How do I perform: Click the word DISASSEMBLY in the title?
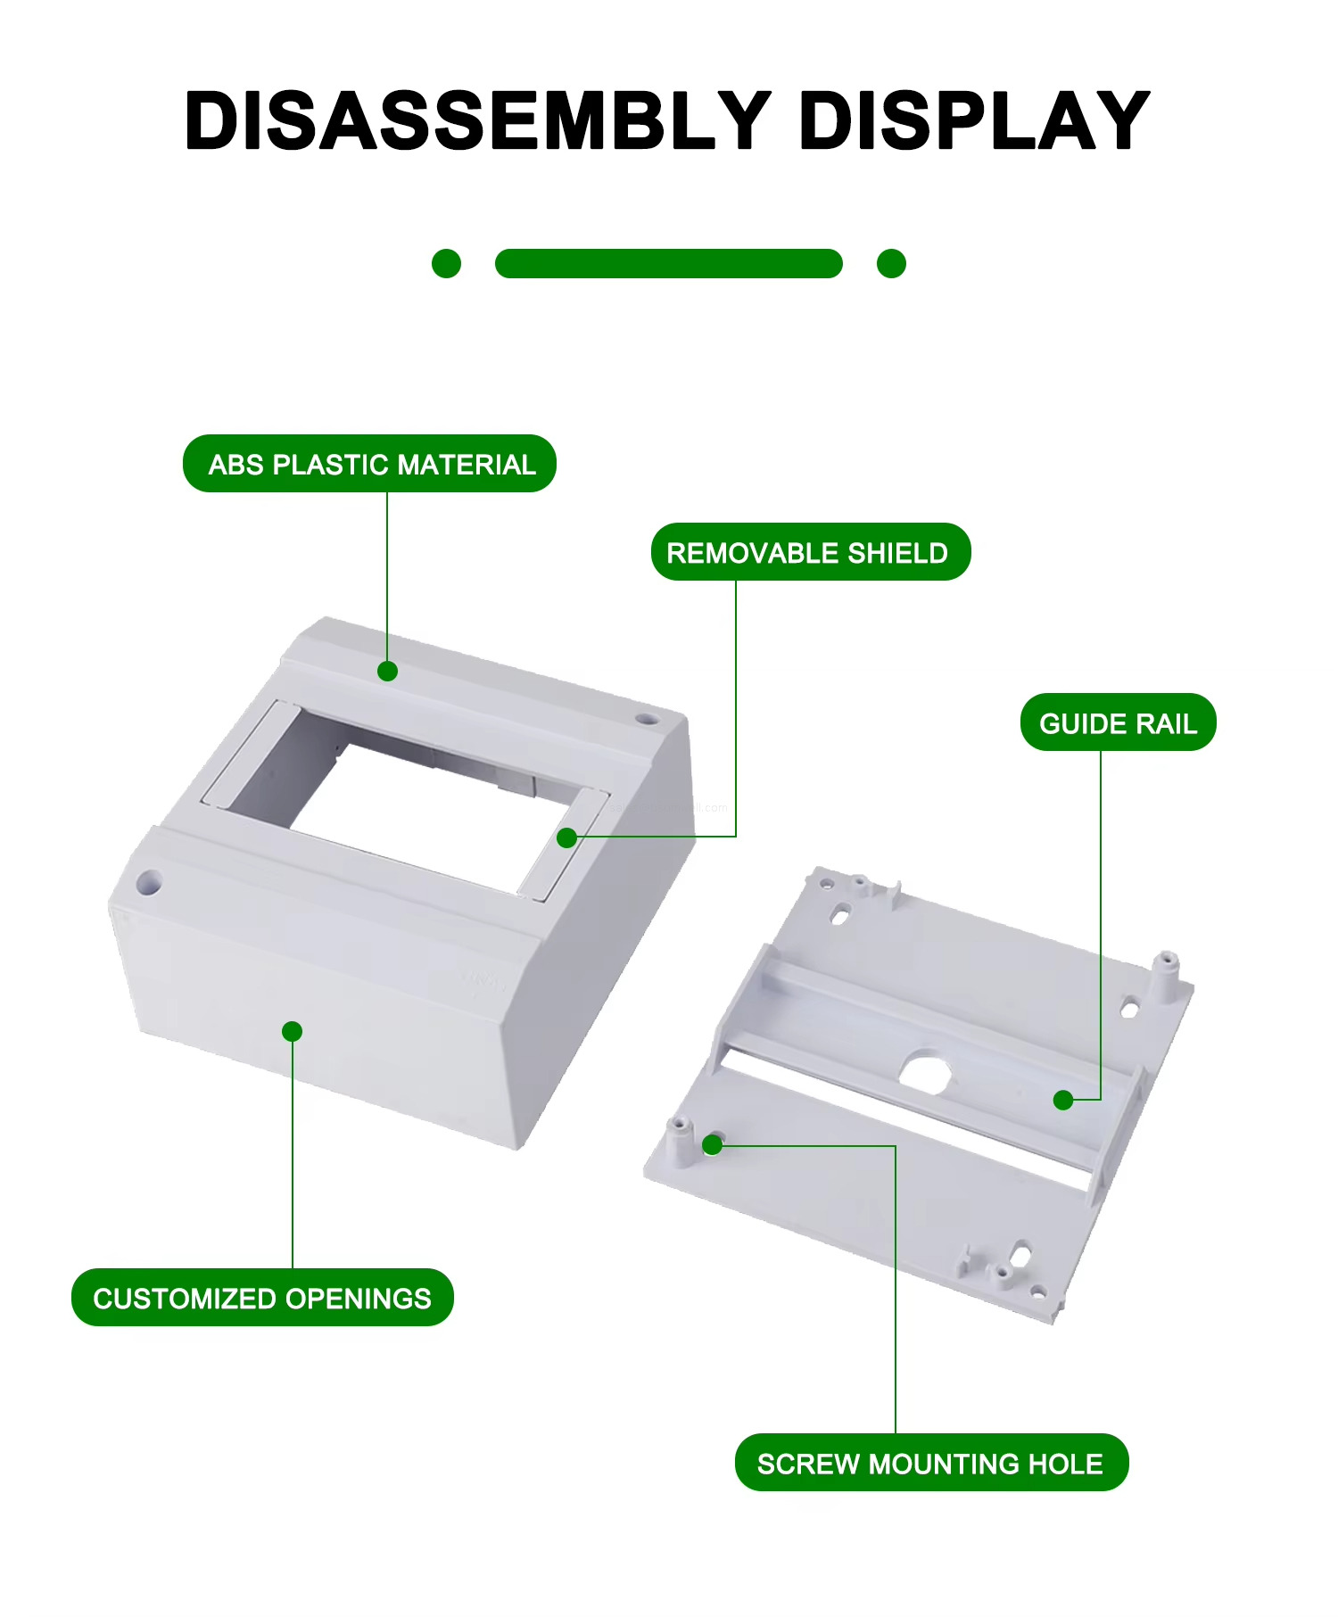click(477, 120)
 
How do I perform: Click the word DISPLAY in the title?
click(973, 120)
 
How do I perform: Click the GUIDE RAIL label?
click(1118, 722)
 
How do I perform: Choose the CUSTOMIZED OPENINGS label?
click(262, 1298)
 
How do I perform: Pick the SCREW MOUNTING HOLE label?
click(930, 1463)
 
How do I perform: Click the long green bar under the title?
click(668, 263)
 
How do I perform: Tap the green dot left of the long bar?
click(446, 263)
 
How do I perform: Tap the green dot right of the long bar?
click(891, 263)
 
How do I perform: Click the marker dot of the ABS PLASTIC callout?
click(387, 671)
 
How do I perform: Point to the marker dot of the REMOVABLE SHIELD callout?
click(566, 837)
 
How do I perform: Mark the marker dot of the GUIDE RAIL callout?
click(1062, 1100)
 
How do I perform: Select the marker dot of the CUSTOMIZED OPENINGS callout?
click(292, 1031)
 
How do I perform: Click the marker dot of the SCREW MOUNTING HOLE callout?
click(712, 1144)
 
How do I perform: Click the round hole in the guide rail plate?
click(925, 1069)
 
